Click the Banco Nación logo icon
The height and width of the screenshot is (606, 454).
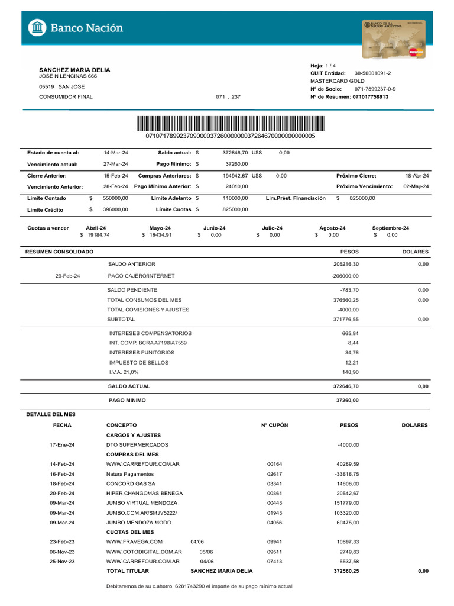coord(37,28)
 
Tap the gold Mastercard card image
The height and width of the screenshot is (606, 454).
coord(394,39)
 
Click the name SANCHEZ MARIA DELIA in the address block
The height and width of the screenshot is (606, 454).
coord(74,70)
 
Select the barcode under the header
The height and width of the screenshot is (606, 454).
coord(230,124)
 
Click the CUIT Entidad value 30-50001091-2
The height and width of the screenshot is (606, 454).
coord(372,73)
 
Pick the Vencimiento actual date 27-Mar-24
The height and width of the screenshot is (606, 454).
coord(115,164)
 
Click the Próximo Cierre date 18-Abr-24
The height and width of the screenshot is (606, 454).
coord(417,176)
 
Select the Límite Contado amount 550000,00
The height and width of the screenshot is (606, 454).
coord(115,198)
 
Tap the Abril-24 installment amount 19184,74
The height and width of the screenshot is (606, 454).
coord(98,235)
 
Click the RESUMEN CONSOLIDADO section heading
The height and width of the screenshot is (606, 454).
coord(59,252)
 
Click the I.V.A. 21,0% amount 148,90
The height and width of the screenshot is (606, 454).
coord(350,372)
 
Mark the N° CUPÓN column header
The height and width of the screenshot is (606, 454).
coord(274,425)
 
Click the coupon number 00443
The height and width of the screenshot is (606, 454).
coord(275,503)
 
